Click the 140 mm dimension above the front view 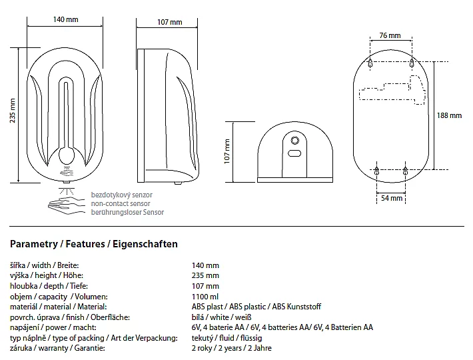coord(65,20)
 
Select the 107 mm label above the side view coord(169,23)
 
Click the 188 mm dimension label coord(448,115)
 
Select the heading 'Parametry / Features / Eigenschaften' coord(95,244)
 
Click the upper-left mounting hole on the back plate coord(370,62)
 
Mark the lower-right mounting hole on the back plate coord(406,172)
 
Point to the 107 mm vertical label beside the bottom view coord(227,151)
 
